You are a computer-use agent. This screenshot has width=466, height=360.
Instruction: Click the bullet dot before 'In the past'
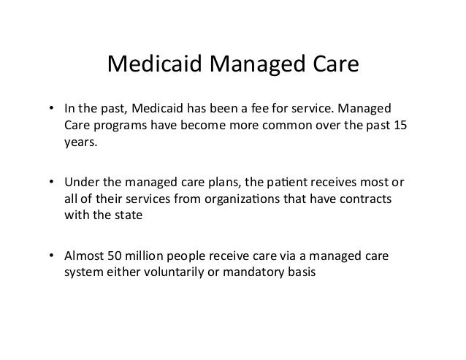(51, 110)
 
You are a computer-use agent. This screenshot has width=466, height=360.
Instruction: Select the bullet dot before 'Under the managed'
(51, 180)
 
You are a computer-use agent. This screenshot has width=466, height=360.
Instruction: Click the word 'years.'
(80, 143)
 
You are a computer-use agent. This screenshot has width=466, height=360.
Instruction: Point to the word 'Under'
(80, 180)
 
